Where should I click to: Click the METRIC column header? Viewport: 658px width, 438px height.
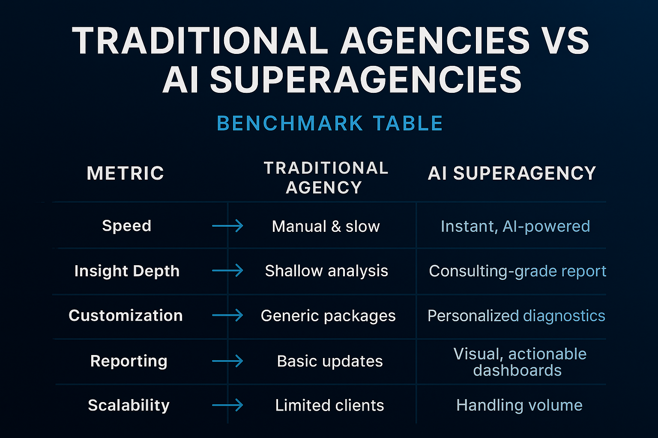coord(126,173)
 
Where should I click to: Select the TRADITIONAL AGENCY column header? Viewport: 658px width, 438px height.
coord(326,178)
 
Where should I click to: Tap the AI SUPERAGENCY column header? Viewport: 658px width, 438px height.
coord(512,173)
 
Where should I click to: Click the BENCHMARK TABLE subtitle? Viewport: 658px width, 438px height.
coord(330,123)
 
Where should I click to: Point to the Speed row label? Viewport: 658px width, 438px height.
coord(127,225)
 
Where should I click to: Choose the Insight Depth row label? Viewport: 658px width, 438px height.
coord(127,271)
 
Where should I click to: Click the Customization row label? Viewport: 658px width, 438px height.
coord(126,315)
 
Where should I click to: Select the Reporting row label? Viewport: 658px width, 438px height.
coord(129,361)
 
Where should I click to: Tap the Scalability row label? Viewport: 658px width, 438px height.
coord(129,405)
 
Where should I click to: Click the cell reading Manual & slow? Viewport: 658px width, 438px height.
coord(326,226)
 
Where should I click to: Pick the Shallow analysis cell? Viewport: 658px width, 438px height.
coord(326,271)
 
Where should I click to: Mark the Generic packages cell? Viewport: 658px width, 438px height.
coord(328,316)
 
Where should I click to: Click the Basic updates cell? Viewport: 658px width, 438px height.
coord(330,361)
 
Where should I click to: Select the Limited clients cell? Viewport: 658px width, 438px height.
coord(329,405)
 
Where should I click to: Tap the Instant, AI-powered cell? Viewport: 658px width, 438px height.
coord(515,226)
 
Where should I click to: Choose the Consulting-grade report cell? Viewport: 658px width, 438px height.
coord(517,271)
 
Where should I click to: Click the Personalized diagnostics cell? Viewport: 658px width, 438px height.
coord(516,316)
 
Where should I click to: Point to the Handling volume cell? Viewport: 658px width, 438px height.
coord(519,405)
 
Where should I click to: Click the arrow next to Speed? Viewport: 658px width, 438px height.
coord(227,225)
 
